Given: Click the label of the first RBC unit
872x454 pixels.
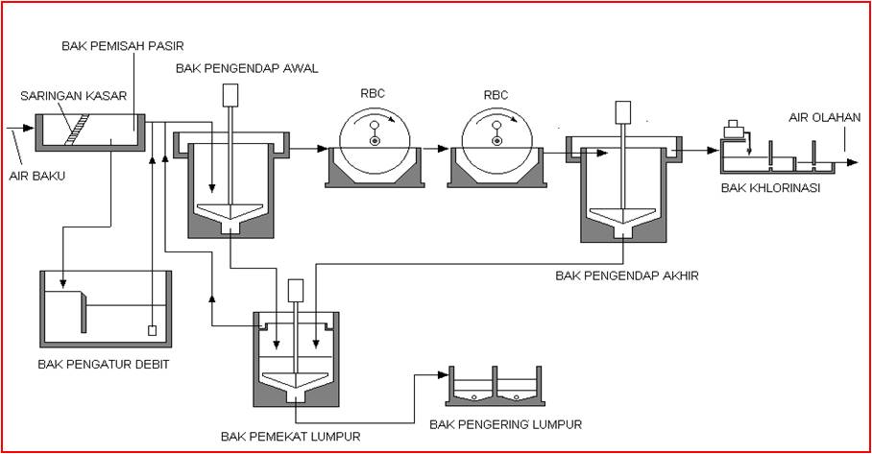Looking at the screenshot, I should [373, 95].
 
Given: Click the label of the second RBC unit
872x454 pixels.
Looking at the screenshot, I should [496, 95].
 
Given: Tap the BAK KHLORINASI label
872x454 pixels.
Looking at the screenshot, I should [771, 187].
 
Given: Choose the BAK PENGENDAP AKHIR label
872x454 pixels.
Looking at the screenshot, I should [626, 275].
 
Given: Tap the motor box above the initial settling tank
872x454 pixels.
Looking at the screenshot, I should [230, 95].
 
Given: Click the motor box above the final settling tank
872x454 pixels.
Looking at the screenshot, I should [623, 109].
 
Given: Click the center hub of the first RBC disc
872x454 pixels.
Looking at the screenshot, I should [373, 142].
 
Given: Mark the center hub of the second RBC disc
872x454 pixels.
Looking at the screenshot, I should [496, 142].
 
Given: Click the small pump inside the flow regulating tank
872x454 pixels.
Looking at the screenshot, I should [152, 331].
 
